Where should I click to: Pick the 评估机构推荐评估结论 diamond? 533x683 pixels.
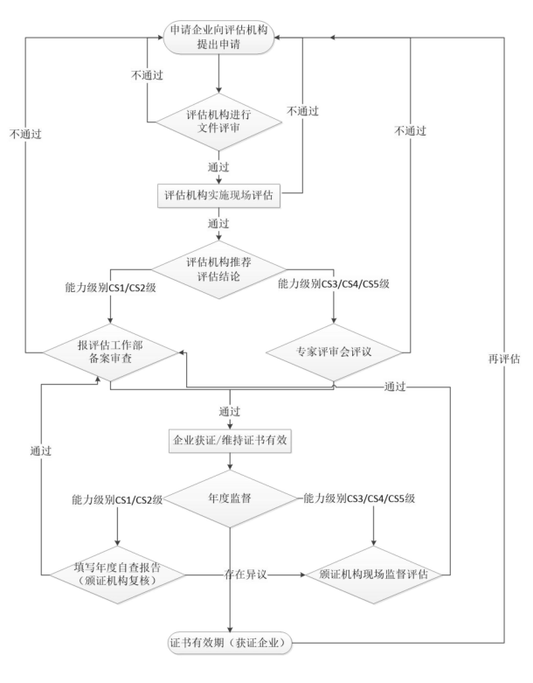[x=219, y=269]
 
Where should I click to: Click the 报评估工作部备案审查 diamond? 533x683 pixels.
[x=112, y=352]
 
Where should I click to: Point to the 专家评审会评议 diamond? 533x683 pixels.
[x=335, y=352]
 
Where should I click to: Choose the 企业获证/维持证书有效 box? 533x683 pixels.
[x=229, y=440]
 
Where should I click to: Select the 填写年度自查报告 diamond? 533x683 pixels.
[x=116, y=575]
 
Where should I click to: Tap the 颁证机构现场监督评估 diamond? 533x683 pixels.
[x=373, y=575]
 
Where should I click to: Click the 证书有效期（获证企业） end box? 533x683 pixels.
[x=230, y=645]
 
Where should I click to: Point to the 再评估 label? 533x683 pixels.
[x=504, y=359]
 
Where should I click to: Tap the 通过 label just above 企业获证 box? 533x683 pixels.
[x=230, y=409]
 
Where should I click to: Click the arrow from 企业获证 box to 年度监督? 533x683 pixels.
[x=230, y=463]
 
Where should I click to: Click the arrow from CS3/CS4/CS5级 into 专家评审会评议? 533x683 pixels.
[x=335, y=308]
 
